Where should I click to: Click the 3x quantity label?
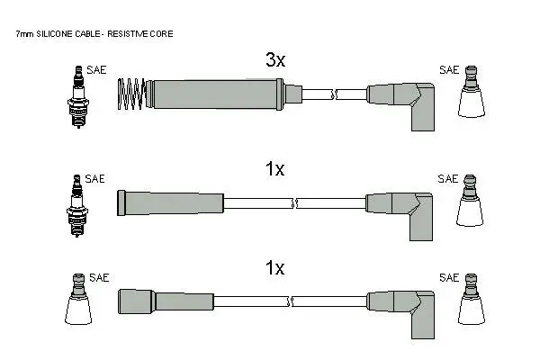(275, 60)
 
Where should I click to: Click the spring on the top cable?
(130, 94)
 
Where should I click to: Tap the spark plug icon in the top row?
(78, 97)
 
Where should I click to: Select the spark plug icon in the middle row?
(77, 206)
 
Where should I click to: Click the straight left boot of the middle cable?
(170, 203)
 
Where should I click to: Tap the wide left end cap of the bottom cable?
(137, 301)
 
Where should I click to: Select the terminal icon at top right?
(472, 92)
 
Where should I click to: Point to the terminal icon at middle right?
(470, 201)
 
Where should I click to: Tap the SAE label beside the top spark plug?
(96, 70)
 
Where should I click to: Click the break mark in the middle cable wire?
(294, 203)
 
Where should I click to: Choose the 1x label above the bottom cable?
(274, 267)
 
